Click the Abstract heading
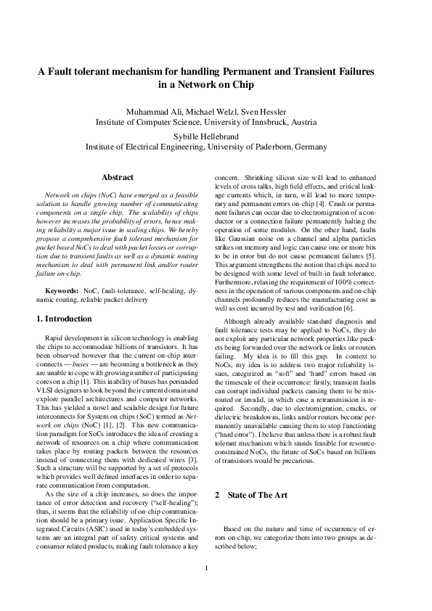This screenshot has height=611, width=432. [x=118, y=177]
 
